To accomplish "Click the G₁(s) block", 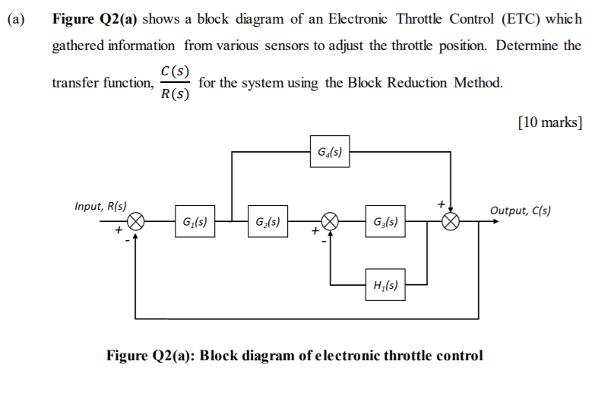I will tap(193, 223).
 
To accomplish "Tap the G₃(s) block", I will tap(385, 223).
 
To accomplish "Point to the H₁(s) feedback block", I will tap(385, 286).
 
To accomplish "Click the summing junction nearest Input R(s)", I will tap(135, 222).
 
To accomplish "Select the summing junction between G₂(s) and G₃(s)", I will tap(331, 222).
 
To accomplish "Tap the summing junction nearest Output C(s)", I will tap(451, 222).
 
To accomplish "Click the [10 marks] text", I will tap(549, 122).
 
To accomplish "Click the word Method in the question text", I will tap(477, 82).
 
